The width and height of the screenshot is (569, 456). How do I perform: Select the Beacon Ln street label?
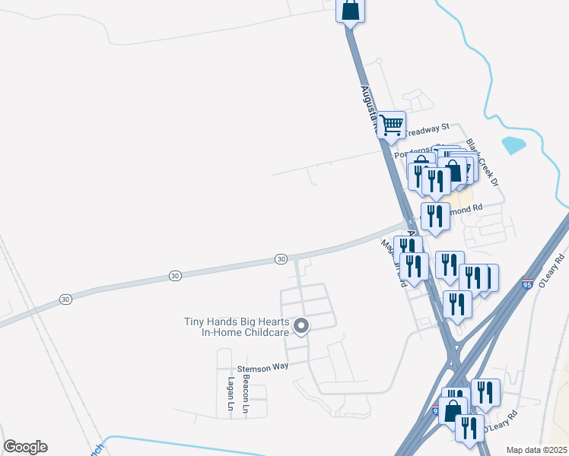[x=246, y=393]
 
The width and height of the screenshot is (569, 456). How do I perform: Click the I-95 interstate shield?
[x=527, y=283]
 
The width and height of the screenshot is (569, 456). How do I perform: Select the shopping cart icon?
[x=391, y=123]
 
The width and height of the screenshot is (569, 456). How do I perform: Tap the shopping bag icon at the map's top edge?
[x=350, y=11]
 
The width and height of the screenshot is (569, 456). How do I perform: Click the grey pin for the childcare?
[x=301, y=327]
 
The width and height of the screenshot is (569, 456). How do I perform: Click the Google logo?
[x=25, y=447]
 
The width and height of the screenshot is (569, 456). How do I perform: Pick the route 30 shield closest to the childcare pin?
[x=281, y=259]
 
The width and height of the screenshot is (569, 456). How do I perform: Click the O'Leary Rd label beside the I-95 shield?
[x=550, y=269]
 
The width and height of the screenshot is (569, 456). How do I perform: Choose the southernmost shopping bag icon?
[x=452, y=410]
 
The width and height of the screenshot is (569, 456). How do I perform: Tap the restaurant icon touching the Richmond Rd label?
[x=434, y=214]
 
